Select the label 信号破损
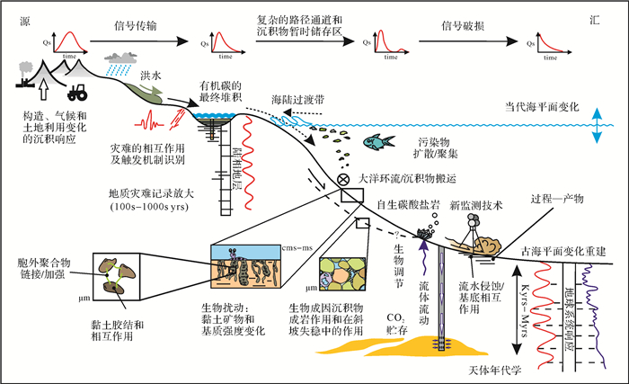[464, 27]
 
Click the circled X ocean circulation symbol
[342, 179]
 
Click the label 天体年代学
[493, 371]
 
